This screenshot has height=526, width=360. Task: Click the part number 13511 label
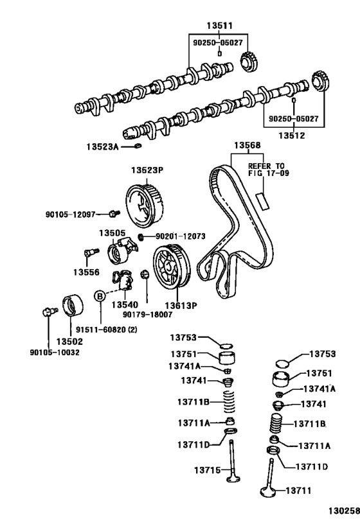[x=219, y=26]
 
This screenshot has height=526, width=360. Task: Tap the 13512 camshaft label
[x=292, y=136]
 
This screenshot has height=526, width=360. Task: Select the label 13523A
[x=102, y=146]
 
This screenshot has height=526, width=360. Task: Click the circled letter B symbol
[x=100, y=296]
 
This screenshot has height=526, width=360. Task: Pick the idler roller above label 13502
[x=73, y=305]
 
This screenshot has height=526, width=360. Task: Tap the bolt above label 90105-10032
[x=49, y=312]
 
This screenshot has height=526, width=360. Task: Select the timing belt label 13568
[x=248, y=145]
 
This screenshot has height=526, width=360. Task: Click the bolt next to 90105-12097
[x=114, y=213]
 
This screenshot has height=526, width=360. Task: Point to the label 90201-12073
[x=181, y=236]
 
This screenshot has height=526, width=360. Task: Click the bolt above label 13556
[x=91, y=252]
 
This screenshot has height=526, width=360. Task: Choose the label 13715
[x=208, y=470]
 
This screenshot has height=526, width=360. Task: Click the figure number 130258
[x=344, y=511]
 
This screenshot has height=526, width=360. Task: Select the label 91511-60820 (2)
[x=107, y=329]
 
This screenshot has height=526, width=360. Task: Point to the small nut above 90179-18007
[x=145, y=274]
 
